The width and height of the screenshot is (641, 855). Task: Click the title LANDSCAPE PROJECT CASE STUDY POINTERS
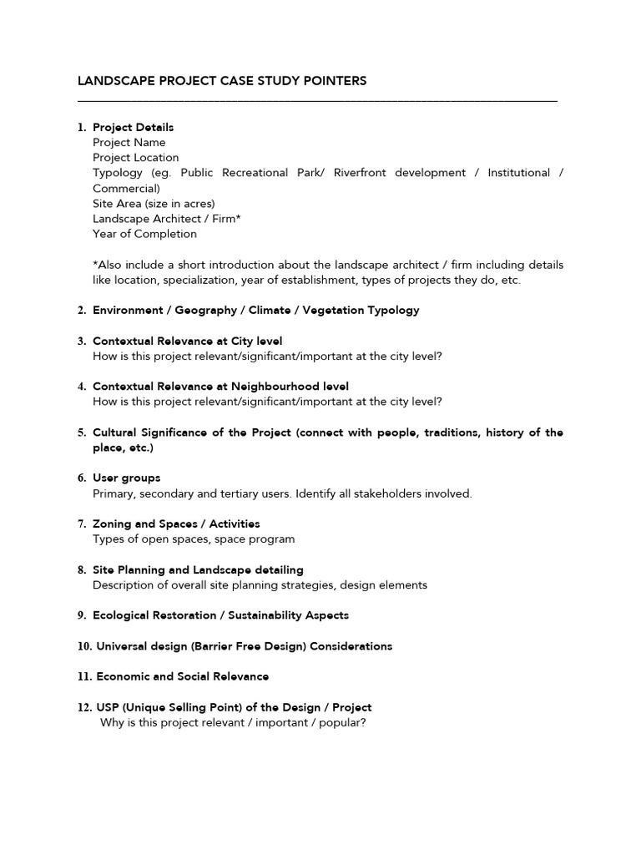pos(221,81)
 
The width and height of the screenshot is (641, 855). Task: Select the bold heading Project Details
pos(133,128)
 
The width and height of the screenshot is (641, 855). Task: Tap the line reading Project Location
pos(135,158)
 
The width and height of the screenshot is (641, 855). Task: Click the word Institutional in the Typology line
pos(518,173)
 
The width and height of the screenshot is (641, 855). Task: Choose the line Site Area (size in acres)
pos(153,204)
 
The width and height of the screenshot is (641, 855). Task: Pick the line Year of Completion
pos(144,234)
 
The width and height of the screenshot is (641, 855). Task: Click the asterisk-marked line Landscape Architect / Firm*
pos(166,219)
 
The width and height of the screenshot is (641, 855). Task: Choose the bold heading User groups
pos(126,478)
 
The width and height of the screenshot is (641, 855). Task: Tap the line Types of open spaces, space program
pos(193,539)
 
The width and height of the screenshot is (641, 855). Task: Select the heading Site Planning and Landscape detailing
pos(198,570)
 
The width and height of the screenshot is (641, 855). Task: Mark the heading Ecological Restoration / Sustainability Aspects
pos(220,615)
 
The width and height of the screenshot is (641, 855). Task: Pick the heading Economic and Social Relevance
pos(182,676)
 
